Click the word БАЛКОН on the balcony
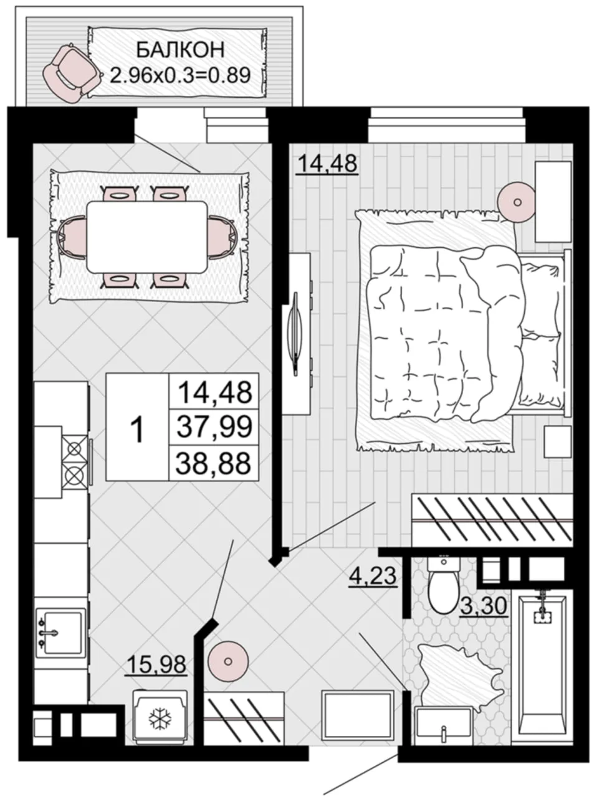[181, 50]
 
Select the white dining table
[147, 237]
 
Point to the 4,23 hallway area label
[373, 575]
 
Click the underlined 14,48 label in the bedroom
[327, 164]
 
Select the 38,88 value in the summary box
[214, 463]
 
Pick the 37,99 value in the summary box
[214, 427]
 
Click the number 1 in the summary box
[138, 430]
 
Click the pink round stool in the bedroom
[517, 202]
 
